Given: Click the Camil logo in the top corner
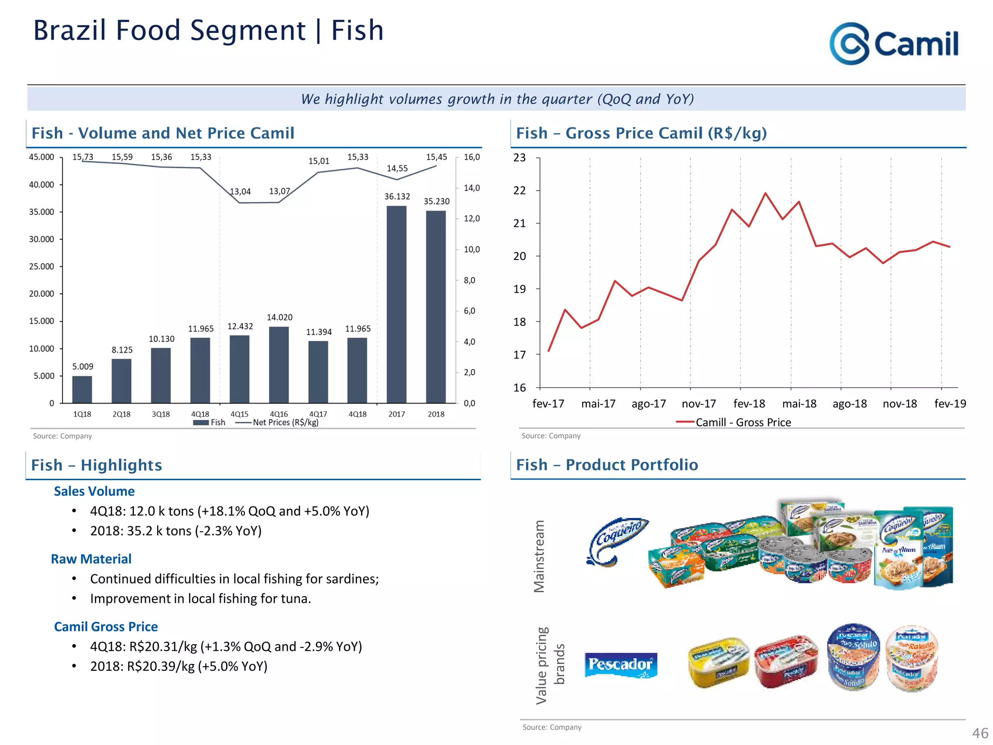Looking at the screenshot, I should tap(894, 44).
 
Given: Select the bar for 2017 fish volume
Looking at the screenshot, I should tap(396, 304).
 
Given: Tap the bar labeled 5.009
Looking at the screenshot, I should tap(82, 389).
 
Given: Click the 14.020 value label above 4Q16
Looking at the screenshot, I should tap(280, 317).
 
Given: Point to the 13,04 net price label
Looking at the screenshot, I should tap(240, 192).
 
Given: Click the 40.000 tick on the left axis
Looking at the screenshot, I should tap(42, 185).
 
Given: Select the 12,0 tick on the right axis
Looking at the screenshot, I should tap(471, 219).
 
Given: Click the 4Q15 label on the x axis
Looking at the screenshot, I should tap(239, 414).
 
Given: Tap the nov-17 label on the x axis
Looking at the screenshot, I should tap(698, 404).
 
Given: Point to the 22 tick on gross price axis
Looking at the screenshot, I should tap(519, 191).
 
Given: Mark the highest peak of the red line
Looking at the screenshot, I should tap(766, 194).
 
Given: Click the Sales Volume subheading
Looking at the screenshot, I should tap(94, 491).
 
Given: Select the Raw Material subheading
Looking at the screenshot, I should tap(91, 559).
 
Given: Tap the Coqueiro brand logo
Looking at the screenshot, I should tap(617, 541).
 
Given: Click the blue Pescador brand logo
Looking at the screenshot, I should tap(621, 664).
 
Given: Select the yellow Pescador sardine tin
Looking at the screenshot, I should tap(718, 662).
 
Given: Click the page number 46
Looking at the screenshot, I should tap(979, 733).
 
